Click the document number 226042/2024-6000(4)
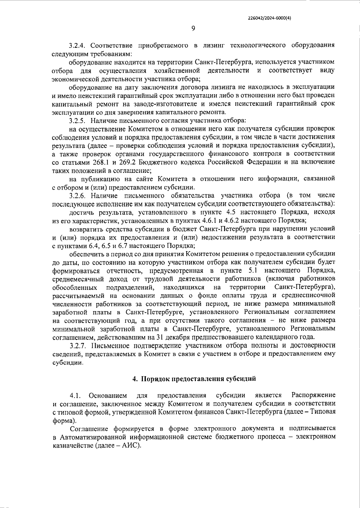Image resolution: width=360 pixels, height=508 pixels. click(269, 18)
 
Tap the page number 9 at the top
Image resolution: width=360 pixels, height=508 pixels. click(193, 29)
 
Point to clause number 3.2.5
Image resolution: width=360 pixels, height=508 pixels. click(77, 121)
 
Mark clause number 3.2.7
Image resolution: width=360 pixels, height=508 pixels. click(78, 346)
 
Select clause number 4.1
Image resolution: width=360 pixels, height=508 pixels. click(75, 395)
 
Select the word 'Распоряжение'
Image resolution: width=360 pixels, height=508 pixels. click(313, 395)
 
